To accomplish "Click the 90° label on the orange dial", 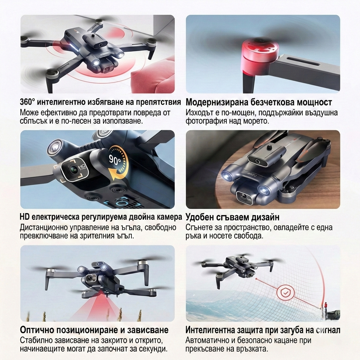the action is pyautogui.click(x=115, y=159).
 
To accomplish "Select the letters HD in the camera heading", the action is pyautogui.click(x=25, y=217).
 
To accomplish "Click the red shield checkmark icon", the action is pyautogui.click(x=285, y=292).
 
